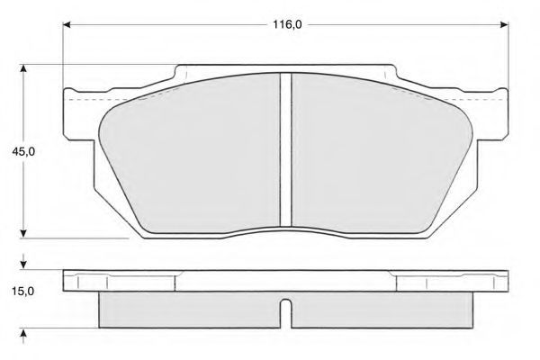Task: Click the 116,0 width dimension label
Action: [x=287, y=24]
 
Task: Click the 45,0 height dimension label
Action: [x=23, y=151]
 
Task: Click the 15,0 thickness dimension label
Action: [x=22, y=292]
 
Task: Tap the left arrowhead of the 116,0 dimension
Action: [x=67, y=25]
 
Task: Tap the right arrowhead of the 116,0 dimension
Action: [x=504, y=25]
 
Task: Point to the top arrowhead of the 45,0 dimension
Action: [x=23, y=68]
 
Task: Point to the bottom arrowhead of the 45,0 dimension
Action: [x=23, y=234]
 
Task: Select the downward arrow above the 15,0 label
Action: [x=23, y=262]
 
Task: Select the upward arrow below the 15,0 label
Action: [x=23, y=337]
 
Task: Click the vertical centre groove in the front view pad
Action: [x=286, y=150]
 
